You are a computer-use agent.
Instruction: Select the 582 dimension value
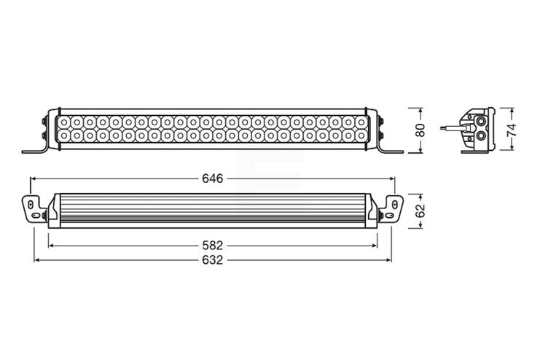(212, 246)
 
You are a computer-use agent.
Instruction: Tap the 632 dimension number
(212, 259)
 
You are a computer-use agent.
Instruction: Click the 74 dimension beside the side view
(512, 130)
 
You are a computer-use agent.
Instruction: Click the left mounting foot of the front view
(35, 150)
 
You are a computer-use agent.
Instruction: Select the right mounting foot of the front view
(389, 150)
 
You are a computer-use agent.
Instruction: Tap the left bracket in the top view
(34, 209)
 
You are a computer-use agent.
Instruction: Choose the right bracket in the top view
(391, 209)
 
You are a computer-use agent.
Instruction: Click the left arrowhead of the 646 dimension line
(33, 178)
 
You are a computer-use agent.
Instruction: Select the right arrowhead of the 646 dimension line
(391, 178)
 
